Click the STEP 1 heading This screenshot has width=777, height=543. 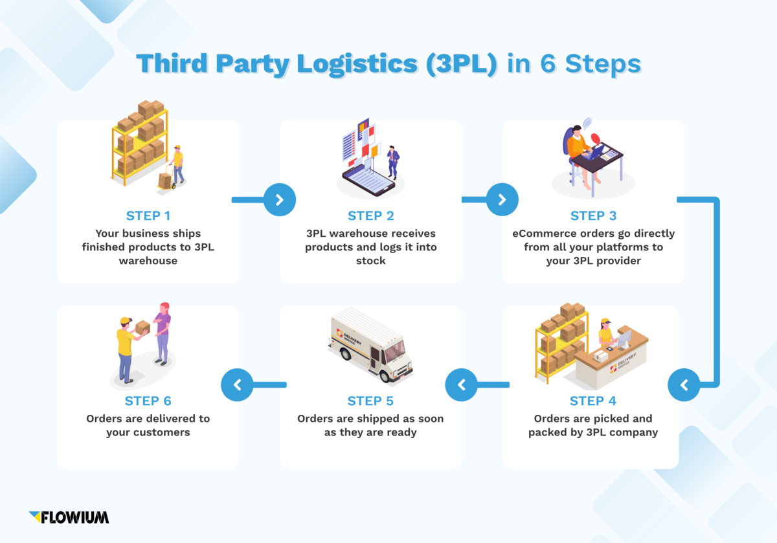(x=148, y=216)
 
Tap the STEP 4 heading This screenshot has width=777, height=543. (x=593, y=401)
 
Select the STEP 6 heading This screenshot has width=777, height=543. (x=148, y=401)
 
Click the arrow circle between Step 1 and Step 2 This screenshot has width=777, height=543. (x=280, y=200)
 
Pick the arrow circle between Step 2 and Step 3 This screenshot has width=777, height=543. (x=502, y=200)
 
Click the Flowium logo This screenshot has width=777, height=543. (x=69, y=516)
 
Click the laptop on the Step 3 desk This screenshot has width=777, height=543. (x=595, y=153)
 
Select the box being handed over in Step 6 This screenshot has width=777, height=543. (x=142, y=327)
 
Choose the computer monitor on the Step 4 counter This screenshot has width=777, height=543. (x=624, y=338)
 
